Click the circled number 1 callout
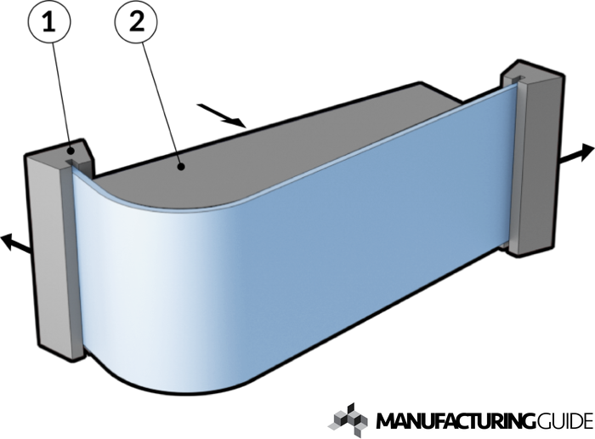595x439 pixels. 49,22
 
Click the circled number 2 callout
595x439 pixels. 136,22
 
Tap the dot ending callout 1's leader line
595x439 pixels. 71,151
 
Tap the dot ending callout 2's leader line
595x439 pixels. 182,167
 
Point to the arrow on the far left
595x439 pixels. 15,244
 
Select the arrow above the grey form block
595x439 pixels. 221,115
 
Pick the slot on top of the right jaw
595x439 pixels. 517,79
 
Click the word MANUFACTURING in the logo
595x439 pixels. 452,421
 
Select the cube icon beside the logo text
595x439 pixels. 348,420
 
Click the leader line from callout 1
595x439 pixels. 61,96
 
